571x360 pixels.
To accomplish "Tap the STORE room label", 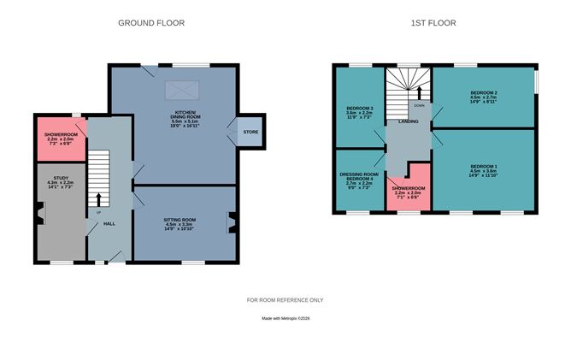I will tap(250, 132).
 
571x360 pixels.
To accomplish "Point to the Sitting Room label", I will tap(180, 224).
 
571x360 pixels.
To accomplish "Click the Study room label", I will tap(59, 184).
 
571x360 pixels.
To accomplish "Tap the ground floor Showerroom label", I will tap(61, 139).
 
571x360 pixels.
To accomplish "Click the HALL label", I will tap(109, 223).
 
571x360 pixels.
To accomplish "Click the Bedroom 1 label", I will tap(484, 169).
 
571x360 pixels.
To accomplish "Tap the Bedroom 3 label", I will tap(358, 113).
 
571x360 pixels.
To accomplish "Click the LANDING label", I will tap(408, 121).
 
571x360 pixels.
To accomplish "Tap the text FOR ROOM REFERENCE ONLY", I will tap(285, 300).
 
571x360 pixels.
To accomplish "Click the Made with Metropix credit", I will tap(285, 319).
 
